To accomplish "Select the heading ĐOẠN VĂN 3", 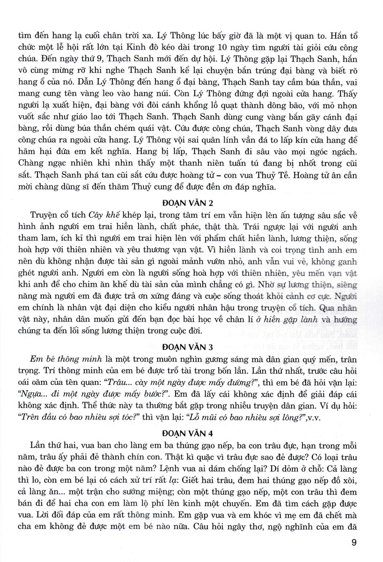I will point(191,347).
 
